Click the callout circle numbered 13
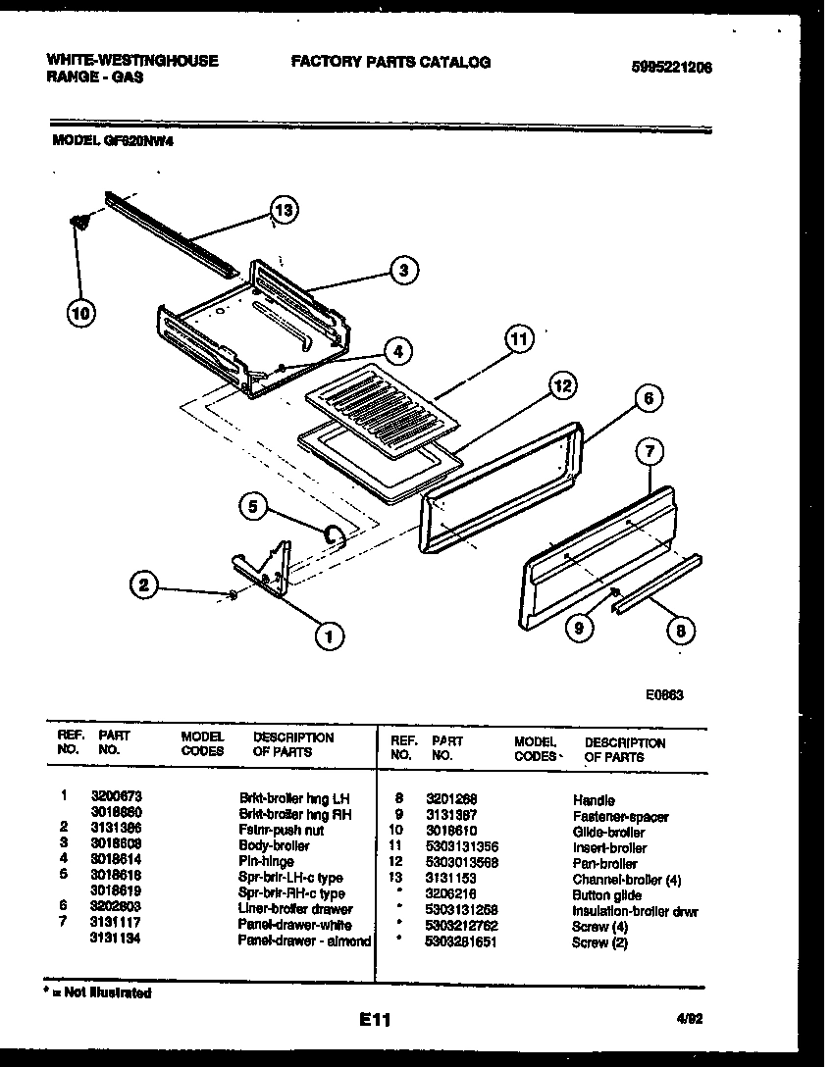[x=284, y=210]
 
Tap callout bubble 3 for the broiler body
[x=402, y=272]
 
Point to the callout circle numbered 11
[x=518, y=340]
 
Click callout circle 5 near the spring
[x=254, y=507]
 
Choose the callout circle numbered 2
[x=144, y=585]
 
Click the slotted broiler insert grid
[x=382, y=407]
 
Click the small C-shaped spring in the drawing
[x=335, y=533]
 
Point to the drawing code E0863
[x=664, y=694]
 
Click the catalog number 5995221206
[x=672, y=68]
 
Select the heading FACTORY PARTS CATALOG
[x=390, y=62]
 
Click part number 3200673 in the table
[x=109, y=798]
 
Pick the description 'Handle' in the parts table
[x=594, y=800]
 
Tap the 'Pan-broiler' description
[x=604, y=863]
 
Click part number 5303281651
[x=463, y=942]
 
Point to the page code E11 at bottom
[x=375, y=1021]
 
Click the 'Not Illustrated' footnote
[x=98, y=992]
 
